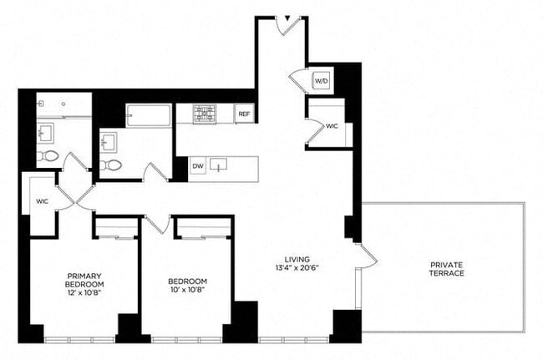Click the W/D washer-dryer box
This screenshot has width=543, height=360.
pyautogui.click(x=322, y=81)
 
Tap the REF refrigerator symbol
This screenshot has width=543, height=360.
pyautogui.click(x=244, y=114)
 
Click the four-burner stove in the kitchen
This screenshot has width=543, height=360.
pyautogui.click(x=205, y=114)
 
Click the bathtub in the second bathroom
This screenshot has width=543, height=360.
pyautogui.click(x=149, y=115)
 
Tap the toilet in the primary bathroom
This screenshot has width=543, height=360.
pyautogui.click(x=49, y=156)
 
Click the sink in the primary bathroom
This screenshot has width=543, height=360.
pyautogui.click(x=44, y=132)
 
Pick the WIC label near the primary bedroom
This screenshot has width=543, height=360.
pyautogui.click(x=43, y=201)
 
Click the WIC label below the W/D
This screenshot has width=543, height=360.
pyautogui.click(x=332, y=126)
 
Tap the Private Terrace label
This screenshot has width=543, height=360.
pyautogui.click(x=447, y=269)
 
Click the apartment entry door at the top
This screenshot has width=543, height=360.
pyautogui.click(x=289, y=24)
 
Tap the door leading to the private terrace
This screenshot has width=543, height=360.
pyautogui.click(x=364, y=256)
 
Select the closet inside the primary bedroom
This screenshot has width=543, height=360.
pyautogui.click(x=116, y=227)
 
